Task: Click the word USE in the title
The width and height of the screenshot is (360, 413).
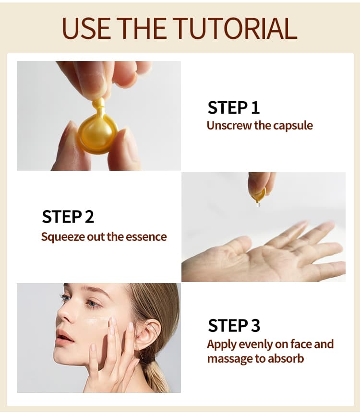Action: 86,28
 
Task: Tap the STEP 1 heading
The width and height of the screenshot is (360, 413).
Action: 233,107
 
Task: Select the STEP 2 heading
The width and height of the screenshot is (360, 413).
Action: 68,217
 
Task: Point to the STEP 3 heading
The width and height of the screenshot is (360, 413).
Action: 234,326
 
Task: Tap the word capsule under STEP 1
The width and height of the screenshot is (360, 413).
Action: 293,126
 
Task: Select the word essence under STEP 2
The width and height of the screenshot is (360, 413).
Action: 146,237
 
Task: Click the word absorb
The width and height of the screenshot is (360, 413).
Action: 286,358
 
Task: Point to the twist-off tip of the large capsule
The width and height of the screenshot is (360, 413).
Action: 99,103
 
